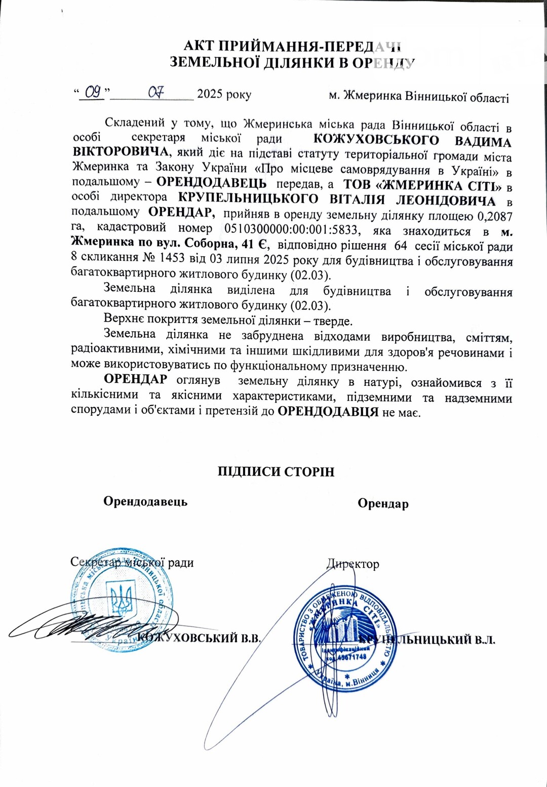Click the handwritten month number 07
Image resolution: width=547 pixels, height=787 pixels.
click(156, 92)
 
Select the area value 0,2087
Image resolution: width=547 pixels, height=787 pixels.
click(495, 217)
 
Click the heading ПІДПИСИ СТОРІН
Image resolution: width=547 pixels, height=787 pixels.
click(276, 472)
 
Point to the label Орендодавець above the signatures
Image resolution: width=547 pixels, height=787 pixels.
click(145, 501)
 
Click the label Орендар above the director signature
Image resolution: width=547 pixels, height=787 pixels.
click(383, 503)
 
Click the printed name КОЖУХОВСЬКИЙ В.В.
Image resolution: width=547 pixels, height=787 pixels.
click(200, 638)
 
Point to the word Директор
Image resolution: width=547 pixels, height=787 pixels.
click(353, 564)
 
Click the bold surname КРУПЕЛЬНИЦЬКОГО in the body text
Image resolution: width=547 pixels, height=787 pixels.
click(249, 199)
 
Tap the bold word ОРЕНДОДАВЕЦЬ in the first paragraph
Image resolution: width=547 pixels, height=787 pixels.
click(211, 183)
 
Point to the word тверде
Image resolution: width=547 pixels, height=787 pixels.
click(333, 321)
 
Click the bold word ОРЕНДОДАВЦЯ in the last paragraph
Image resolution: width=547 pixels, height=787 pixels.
click(328, 412)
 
